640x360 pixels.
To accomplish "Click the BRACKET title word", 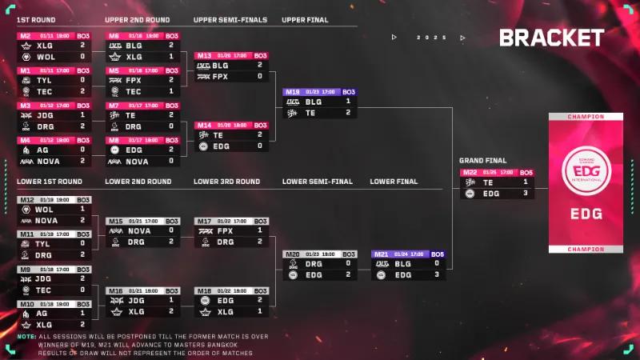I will tap(551, 38).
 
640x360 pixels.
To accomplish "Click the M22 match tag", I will tap(470, 172).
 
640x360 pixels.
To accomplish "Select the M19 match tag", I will tap(293, 92).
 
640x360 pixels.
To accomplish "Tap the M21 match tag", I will tap(382, 254).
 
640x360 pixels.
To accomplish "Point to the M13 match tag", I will tap(204, 56).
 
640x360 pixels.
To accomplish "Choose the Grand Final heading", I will tap(482, 161).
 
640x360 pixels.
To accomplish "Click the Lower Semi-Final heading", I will tap(317, 182).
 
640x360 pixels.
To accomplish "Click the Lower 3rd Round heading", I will tap(226, 182).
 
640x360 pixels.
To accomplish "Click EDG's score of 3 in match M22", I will tap(526, 193).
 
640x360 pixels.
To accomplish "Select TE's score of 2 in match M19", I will tap(348, 113).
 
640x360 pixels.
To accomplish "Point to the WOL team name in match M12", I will tap(45, 210).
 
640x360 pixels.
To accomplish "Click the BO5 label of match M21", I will tap(438, 254).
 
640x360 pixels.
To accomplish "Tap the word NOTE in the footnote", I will tap(26, 336).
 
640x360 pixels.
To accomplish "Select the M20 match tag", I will tap(292, 254).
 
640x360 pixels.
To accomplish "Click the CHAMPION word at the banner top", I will tap(585, 116).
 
